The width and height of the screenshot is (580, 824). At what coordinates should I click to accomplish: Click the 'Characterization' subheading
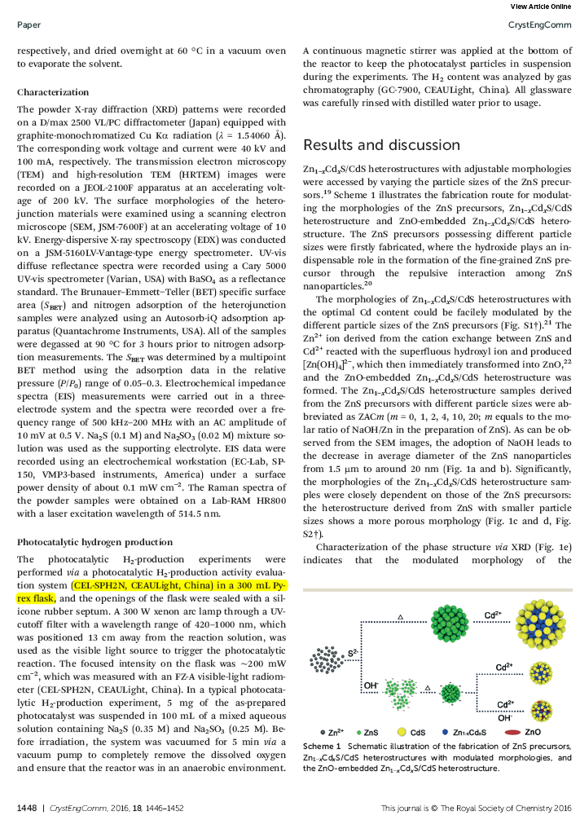tap(53, 92)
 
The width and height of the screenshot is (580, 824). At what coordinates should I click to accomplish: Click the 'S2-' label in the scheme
tap(354, 654)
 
